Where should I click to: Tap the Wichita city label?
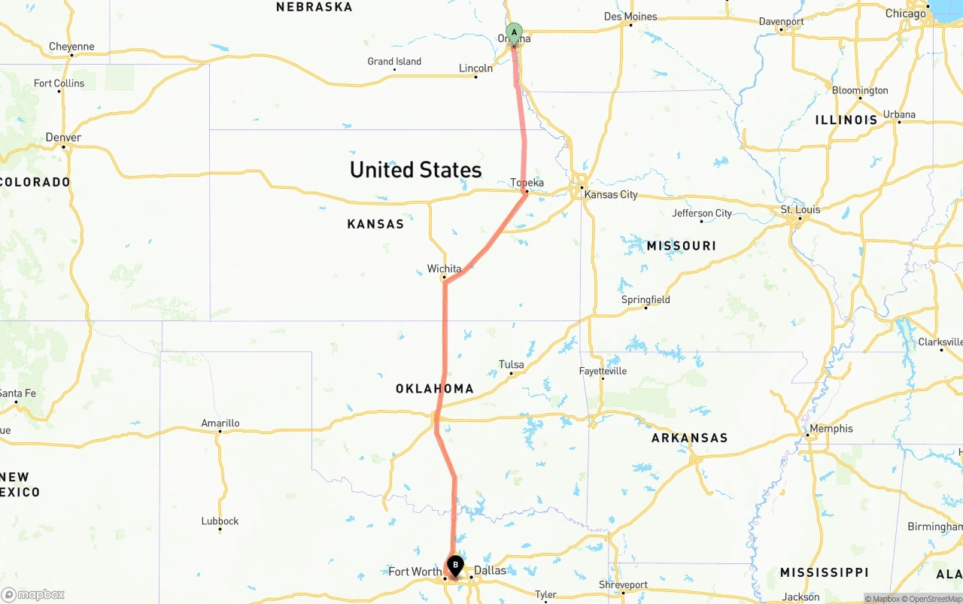[444, 269]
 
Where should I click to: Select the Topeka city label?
[527, 183]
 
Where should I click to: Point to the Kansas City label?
[610, 195]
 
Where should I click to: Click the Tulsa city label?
[512, 365]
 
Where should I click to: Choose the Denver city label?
[63, 138]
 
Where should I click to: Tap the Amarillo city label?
[220, 423]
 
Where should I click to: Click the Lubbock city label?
[220, 521]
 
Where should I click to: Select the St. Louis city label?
[800, 209]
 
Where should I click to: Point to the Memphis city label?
[831, 429]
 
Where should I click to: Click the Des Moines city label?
[630, 17]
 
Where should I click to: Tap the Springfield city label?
[646, 299]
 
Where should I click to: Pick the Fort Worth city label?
[415, 572]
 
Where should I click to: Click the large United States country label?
[415, 169]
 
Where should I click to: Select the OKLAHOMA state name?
[435, 389]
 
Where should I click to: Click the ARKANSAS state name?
[689, 438]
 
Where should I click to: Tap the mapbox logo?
[33, 594]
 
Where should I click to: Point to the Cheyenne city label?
[71, 47]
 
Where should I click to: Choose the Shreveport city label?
[623, 584]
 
